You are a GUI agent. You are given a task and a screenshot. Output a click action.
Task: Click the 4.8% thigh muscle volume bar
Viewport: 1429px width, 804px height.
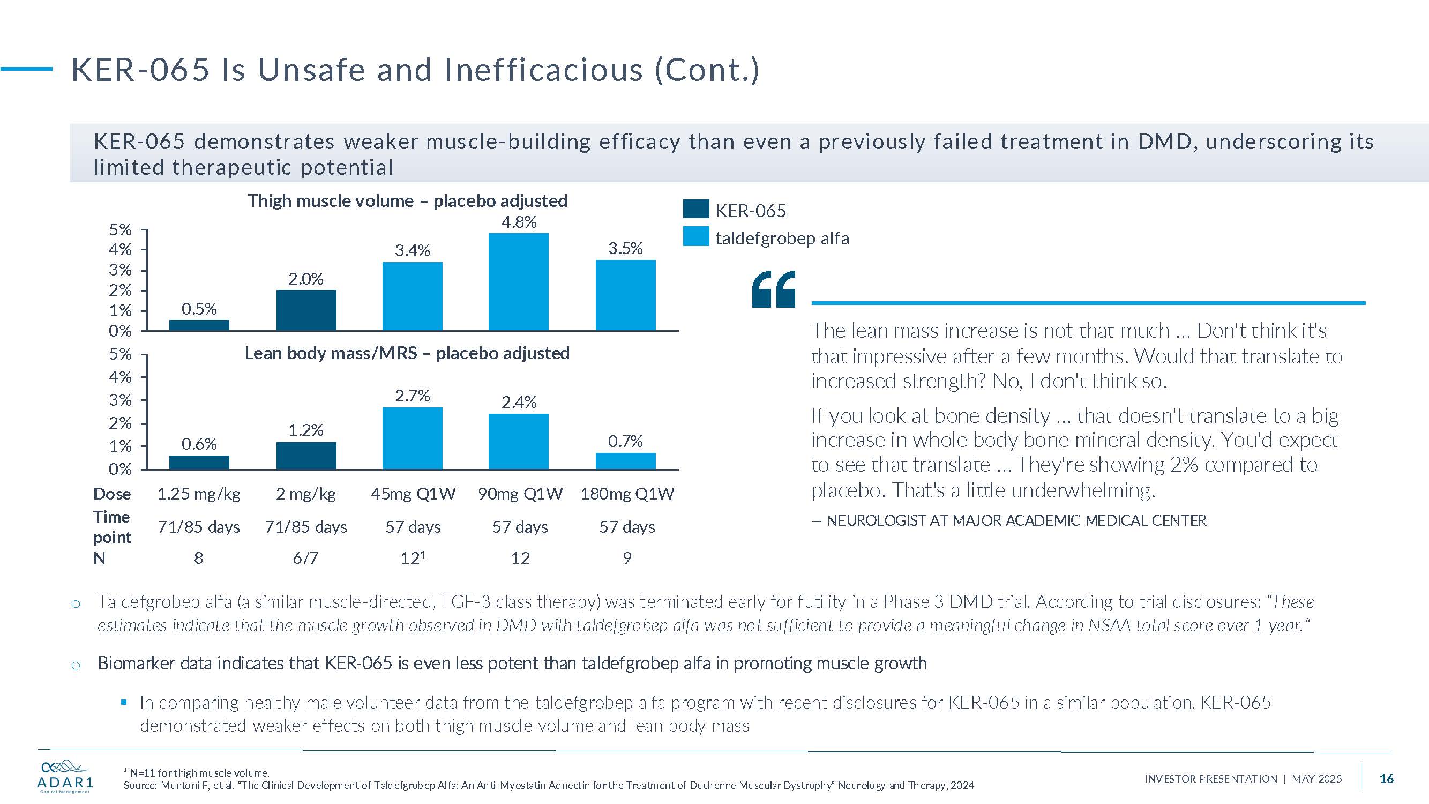coord(518,282)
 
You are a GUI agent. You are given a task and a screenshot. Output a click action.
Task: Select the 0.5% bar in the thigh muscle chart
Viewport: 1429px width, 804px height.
coord(199,325)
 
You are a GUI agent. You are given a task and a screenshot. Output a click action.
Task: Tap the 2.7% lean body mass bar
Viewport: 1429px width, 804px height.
coord(412,438)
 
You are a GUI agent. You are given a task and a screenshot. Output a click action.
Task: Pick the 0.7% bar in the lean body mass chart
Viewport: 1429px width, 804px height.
coord(625,461)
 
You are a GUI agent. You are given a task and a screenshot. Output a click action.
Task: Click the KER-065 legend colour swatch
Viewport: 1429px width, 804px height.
coord(695,209)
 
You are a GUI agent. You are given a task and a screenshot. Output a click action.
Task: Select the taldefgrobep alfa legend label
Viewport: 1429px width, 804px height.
coord(782,238)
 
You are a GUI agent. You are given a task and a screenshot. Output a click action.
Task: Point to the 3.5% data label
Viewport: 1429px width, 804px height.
coord(625,248)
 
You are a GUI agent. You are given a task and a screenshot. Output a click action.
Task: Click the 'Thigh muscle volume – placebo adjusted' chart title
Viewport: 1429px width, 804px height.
coord(407,201)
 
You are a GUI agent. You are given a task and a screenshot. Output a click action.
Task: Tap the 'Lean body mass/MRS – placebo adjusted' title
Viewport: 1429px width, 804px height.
coord(407,353)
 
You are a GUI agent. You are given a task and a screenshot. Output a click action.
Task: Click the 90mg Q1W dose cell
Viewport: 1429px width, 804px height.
coord(520,493)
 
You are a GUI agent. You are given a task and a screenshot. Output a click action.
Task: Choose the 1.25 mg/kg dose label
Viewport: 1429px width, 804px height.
coord(199,493)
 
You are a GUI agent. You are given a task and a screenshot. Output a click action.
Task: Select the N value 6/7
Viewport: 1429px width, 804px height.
coord(305,557)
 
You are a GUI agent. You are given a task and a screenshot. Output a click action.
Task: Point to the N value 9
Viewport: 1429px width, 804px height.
coord(627,557)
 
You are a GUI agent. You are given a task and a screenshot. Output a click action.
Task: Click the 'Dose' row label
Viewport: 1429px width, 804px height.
coord(112,493)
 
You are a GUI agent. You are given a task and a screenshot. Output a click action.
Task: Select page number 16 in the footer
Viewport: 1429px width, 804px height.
coord(1386,778)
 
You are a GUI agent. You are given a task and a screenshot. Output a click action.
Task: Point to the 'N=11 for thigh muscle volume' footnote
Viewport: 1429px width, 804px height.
coord(199,773)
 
